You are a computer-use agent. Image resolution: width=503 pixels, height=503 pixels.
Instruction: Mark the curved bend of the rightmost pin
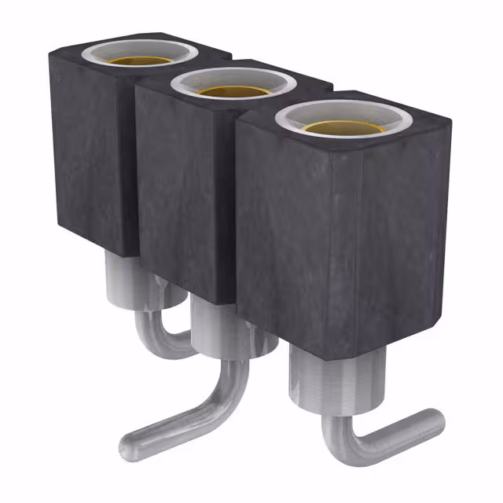(x=346, y=448)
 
